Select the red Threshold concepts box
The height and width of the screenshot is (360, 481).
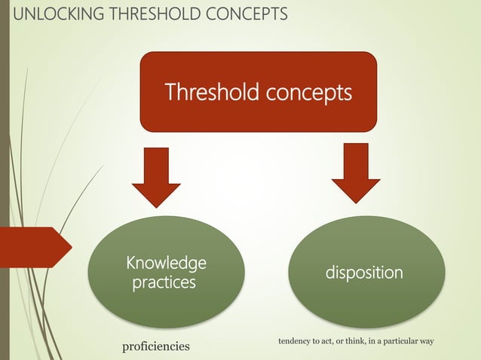pyautogui.click(x=258, y=91)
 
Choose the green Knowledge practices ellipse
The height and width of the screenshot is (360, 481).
pyautogui.click(x=166, y=272)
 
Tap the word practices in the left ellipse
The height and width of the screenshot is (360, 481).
pyautogui.click(x=164, y=283)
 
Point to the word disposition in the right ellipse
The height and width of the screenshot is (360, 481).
pyautogui.click(x=364, y=273)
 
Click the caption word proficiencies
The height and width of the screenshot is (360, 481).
pyautogui.click(x=156, y=346)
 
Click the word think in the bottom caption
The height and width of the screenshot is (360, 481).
pyautogui.click(x=354, y=342)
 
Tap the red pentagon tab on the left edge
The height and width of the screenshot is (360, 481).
pyautogui.click(x=35, y=246)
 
